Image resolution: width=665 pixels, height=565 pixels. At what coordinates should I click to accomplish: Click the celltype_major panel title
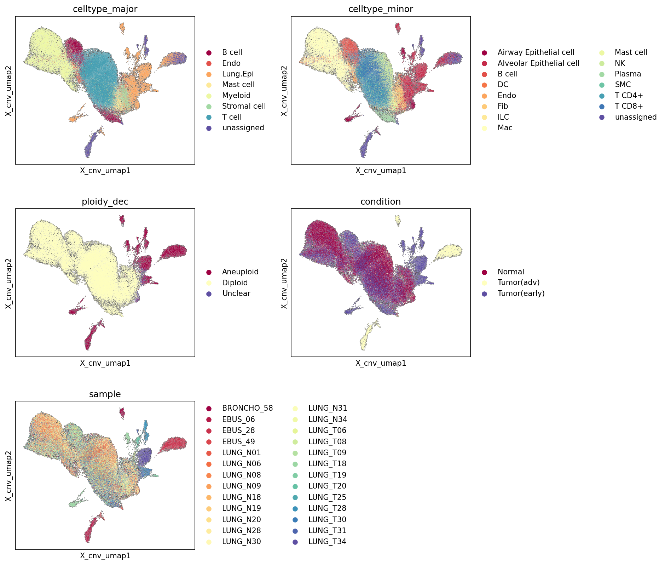click(105, 9)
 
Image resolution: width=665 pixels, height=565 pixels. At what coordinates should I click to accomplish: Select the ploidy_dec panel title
click(105, 202)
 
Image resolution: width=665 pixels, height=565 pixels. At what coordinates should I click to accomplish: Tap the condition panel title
click(381, 202)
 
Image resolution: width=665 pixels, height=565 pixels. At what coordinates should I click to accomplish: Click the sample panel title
click(105, 394)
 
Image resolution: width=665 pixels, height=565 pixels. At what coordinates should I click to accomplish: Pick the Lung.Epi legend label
click(238, 74)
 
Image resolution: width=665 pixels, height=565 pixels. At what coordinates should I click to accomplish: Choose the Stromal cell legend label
click(244, 106)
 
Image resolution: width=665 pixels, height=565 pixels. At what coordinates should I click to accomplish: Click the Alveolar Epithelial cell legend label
click(538, 63)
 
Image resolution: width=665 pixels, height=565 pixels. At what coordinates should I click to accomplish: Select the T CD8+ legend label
click(629, 106)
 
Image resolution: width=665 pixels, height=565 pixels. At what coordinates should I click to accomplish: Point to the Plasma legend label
click(628, 74)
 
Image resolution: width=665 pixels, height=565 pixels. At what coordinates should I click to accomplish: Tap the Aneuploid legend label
click(240, 272)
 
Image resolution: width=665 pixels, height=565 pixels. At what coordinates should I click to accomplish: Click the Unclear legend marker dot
click(209, 294)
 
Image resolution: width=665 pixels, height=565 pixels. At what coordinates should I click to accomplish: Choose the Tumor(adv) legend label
click(519, 282)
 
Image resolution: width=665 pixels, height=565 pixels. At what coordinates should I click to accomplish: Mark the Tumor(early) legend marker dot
click(484, 294)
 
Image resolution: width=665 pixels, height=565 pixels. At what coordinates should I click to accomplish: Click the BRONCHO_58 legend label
click(248, 408)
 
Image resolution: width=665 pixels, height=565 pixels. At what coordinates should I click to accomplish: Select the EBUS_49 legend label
click(238, 442)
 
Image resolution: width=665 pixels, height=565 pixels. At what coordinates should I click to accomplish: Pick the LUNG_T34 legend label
click(327, 542)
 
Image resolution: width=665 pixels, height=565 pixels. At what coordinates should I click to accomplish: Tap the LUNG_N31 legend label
click(328, 408)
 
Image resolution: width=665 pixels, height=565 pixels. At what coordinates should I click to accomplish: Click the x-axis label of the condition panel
click(381, 363)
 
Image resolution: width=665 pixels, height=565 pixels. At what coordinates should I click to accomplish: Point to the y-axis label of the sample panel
click(9, 475)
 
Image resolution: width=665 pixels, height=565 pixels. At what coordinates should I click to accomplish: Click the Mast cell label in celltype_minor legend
click(631, 52)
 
